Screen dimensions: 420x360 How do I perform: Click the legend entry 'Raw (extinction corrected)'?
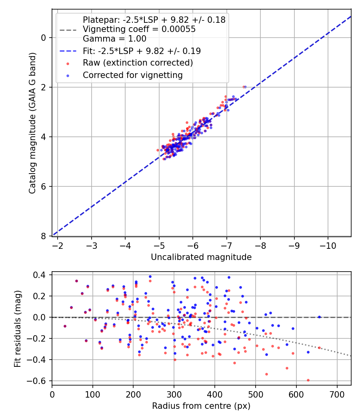tap(138, 63)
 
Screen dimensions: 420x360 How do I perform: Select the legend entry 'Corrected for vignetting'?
tap(132, 75)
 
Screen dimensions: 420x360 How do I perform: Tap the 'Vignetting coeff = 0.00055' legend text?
tap(139, 29)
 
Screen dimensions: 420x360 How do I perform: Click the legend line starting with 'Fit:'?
tap(142, 51)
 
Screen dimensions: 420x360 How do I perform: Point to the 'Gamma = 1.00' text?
tap(114, 39)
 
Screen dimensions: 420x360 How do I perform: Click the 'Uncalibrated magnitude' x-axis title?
tap(201, 257)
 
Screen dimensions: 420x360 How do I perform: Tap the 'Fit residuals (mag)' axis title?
tap(17, 329)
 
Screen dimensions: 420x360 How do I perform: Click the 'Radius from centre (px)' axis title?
tap(201, 406)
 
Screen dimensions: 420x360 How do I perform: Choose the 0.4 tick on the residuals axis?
tap(40, 275)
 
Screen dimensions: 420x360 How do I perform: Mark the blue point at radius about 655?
tap(319, 317)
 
